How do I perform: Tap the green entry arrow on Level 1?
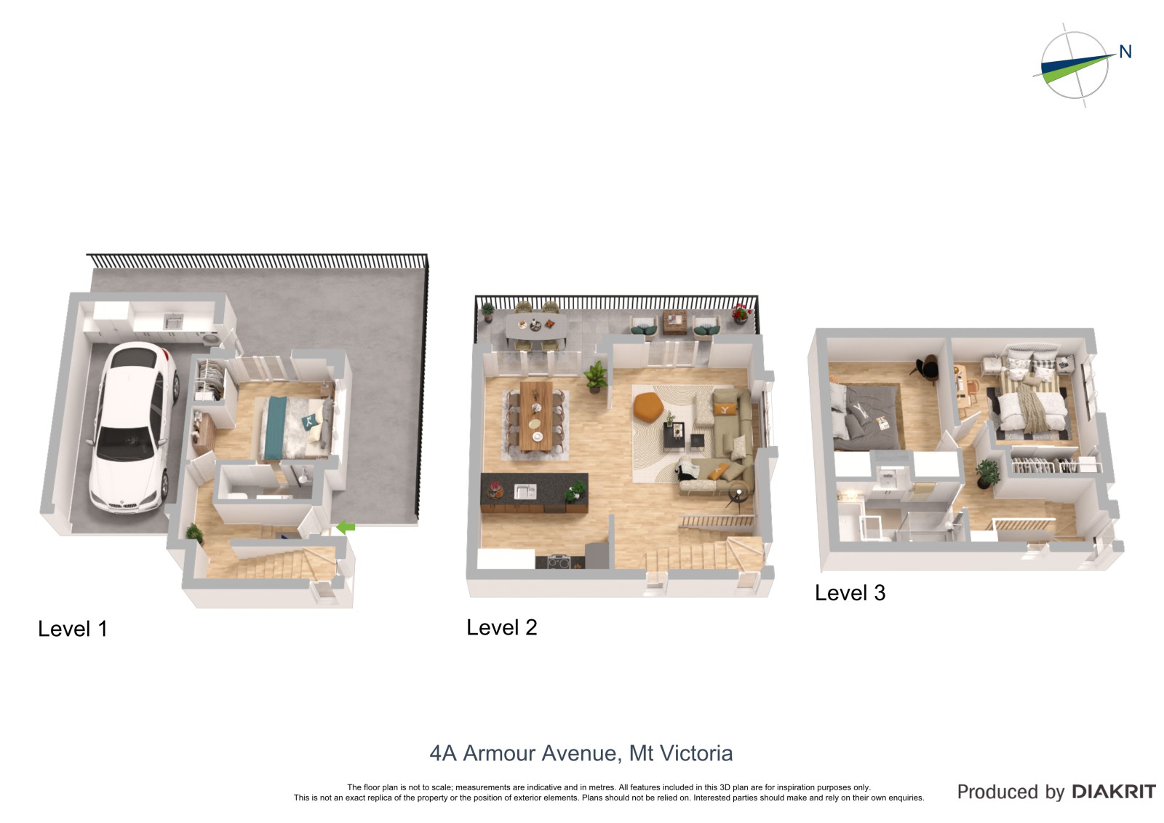pos(346,527)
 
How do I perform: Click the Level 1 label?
pos(73,629)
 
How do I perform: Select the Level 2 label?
pos(501,627)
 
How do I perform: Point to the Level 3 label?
pos(850,592)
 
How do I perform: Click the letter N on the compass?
pos(1125,52)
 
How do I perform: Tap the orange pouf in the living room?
pos(648,406)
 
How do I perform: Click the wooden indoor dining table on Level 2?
pos(536,416)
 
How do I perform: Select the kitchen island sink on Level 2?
pos(525,490)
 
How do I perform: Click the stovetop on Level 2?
pos(559,562)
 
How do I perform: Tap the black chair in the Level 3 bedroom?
pos(925,367)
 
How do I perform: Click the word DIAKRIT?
pos(1114,792)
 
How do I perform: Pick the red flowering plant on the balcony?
pos(741,313)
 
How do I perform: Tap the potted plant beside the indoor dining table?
pos(596,375)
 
